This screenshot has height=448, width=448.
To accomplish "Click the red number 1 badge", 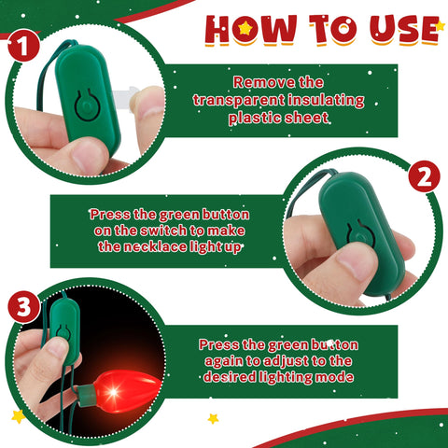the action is point(23,46).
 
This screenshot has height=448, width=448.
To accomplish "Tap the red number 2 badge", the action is point(424,176).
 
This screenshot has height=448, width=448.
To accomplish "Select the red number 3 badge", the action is point(24,307).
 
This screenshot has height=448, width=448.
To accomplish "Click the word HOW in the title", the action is point(250,29).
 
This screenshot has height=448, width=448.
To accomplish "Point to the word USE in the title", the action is point(404,30).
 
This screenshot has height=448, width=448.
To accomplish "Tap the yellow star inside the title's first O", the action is point(245,28).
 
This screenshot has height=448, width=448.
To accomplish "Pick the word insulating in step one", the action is point(326,100).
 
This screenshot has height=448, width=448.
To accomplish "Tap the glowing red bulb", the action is point(127,390).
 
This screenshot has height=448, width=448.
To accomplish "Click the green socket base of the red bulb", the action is point(87,395).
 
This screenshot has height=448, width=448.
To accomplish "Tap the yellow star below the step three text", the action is point(213,418).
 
